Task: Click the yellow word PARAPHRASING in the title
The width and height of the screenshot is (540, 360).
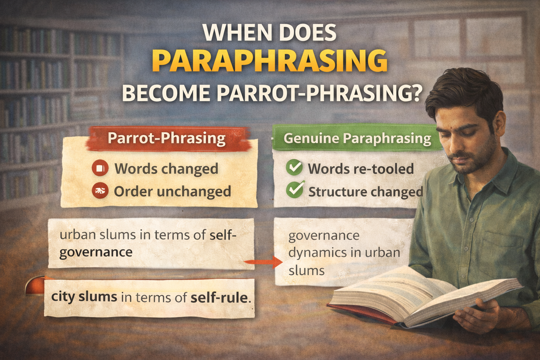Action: click(x=270, y=62)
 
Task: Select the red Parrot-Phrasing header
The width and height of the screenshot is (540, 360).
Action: click(x=166, y=139)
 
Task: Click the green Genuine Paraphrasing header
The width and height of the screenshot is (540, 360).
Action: click(x=357, y=139)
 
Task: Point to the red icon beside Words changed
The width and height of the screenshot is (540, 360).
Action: click(x=99, y=168)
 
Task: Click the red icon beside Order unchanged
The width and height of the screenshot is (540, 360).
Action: click(x=99, y=191)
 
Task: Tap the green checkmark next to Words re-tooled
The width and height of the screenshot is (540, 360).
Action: click(x=294, y=168)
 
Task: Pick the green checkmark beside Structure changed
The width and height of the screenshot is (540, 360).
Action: click(x=295, y=190)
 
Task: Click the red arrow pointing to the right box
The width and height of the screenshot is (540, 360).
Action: click(x=264, y=262)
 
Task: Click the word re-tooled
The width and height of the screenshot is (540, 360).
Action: click(x=386, y=169)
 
